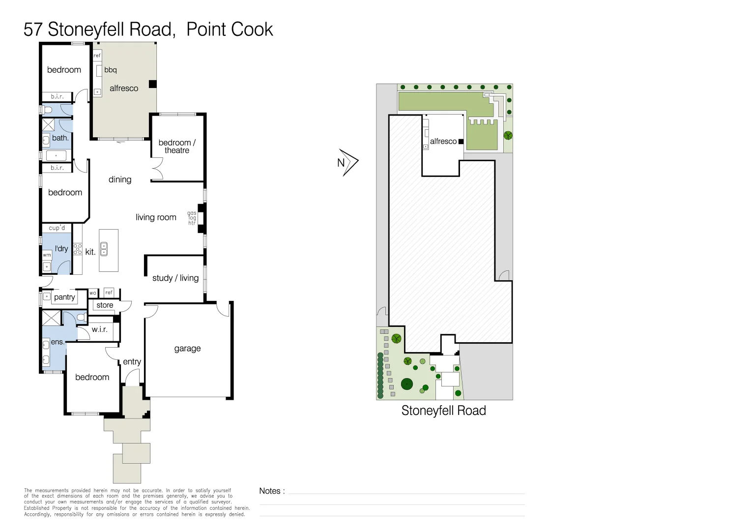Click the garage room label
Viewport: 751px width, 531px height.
[187, 349]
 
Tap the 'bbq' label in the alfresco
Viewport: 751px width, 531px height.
[111, 70]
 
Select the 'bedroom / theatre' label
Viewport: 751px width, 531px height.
[177, 147]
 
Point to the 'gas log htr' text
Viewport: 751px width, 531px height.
[192, 218]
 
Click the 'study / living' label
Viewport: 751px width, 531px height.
[175, 278]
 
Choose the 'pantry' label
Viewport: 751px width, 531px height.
[64, 297]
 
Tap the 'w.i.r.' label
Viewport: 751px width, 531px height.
[99, 329]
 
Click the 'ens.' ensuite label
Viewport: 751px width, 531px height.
[58, 342]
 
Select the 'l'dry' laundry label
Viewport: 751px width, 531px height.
[61, 249]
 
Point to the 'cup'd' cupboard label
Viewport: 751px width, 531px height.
[57, 228]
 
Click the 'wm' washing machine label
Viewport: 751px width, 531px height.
[47, 255]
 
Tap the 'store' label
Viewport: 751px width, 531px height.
[105, 305]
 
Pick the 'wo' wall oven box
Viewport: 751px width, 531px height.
[93, 293]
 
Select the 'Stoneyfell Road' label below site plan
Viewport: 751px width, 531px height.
[443, 411]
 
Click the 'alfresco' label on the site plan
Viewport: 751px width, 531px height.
[443, 142]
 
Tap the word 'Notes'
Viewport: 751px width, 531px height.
[270, 491]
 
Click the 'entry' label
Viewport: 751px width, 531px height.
[132, 362]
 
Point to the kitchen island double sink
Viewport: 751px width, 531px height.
[104, 249]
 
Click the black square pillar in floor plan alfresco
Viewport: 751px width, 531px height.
[153, 84]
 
